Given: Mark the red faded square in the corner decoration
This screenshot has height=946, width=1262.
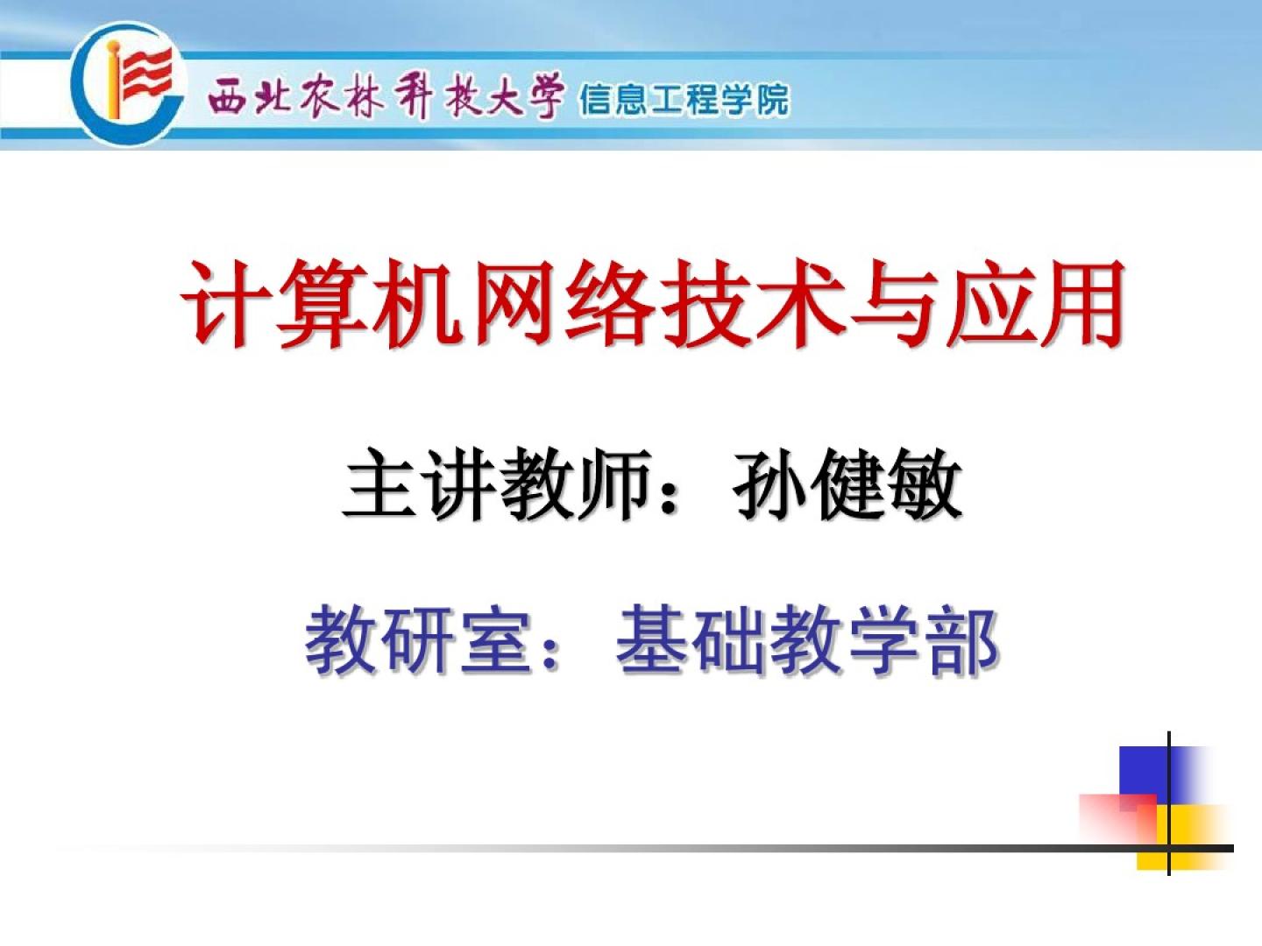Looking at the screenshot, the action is pos(1118,818).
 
